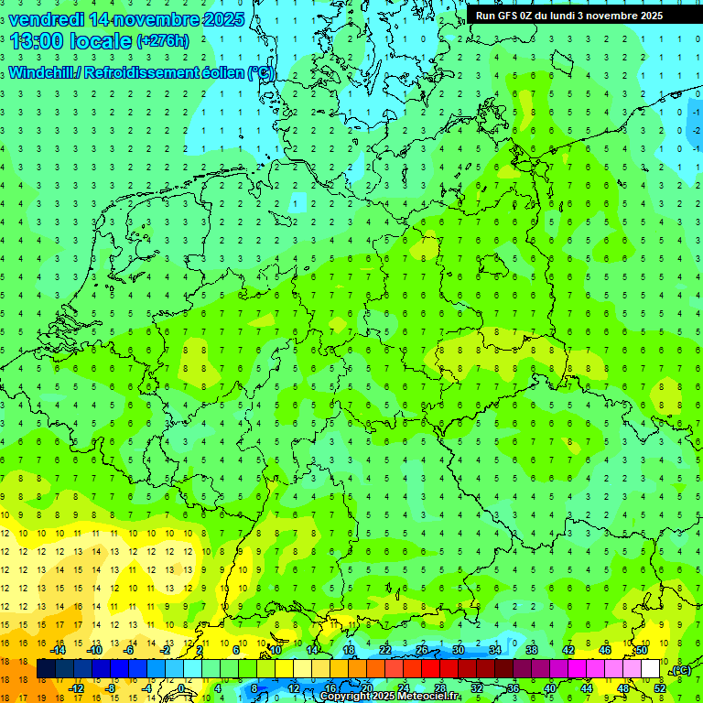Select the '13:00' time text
[x=36, y=41]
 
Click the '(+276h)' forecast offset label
[x=162, y=40]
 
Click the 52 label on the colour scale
[x=660, y=687]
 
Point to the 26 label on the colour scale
[x=422, y=650]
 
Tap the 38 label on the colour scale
[x=532, y=650]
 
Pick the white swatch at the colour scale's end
[x=651, y=669]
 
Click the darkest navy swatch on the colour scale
[x=46, y=669]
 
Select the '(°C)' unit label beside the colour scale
[x=679, y=671]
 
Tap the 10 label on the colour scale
[x=276, y=650]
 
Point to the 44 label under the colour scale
[x=587, y=687]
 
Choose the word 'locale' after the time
[x=102, y=41]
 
